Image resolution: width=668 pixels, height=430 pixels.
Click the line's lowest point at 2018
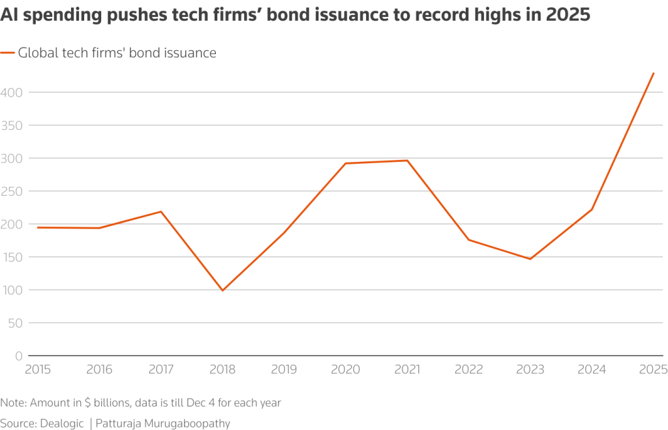click(x=222, y=290)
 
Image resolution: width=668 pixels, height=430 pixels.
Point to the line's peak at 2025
click(x=653, y=73)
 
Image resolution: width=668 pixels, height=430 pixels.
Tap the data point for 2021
click(x=407, y=161)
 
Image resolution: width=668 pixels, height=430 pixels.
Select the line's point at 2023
click(x=530, y=259)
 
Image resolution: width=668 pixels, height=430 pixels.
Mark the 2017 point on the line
click(x=160, y=211)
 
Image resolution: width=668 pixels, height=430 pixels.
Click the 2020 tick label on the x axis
click(x=345, y=370)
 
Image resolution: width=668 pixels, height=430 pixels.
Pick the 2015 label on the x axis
click(x=38, y=370)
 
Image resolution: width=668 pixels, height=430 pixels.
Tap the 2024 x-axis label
click(x=592, y=370)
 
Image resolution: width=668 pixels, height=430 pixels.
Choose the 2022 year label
click(x=468, y=370)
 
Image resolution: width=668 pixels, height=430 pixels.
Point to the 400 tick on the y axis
click(x=12, y=93)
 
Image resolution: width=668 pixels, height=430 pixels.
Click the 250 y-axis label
click(x=12, y=191)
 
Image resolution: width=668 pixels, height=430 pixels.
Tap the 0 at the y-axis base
click(x=19, y=356)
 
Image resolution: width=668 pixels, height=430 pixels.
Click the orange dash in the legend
click(x=7, y=54)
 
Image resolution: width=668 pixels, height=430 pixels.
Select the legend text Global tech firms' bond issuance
click(x=117, y=54)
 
